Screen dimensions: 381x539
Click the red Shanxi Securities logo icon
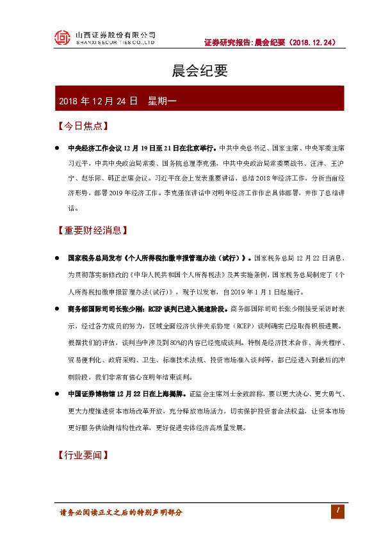(62, 39)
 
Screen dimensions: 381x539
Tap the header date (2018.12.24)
(311, 43)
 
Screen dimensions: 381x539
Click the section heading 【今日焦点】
(81, 126)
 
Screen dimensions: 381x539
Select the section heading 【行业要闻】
(81, 455)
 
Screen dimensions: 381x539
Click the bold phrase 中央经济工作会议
(94, 148)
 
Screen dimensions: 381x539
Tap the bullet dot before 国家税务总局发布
(57, 259)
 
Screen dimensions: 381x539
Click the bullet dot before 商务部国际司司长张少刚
(57, 309)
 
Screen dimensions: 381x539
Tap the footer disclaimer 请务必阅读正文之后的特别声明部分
(121, 512)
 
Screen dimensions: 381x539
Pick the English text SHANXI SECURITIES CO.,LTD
(115, 43)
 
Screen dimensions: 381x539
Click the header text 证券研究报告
(227, 43)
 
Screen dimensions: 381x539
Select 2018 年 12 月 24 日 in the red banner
(98, 101)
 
